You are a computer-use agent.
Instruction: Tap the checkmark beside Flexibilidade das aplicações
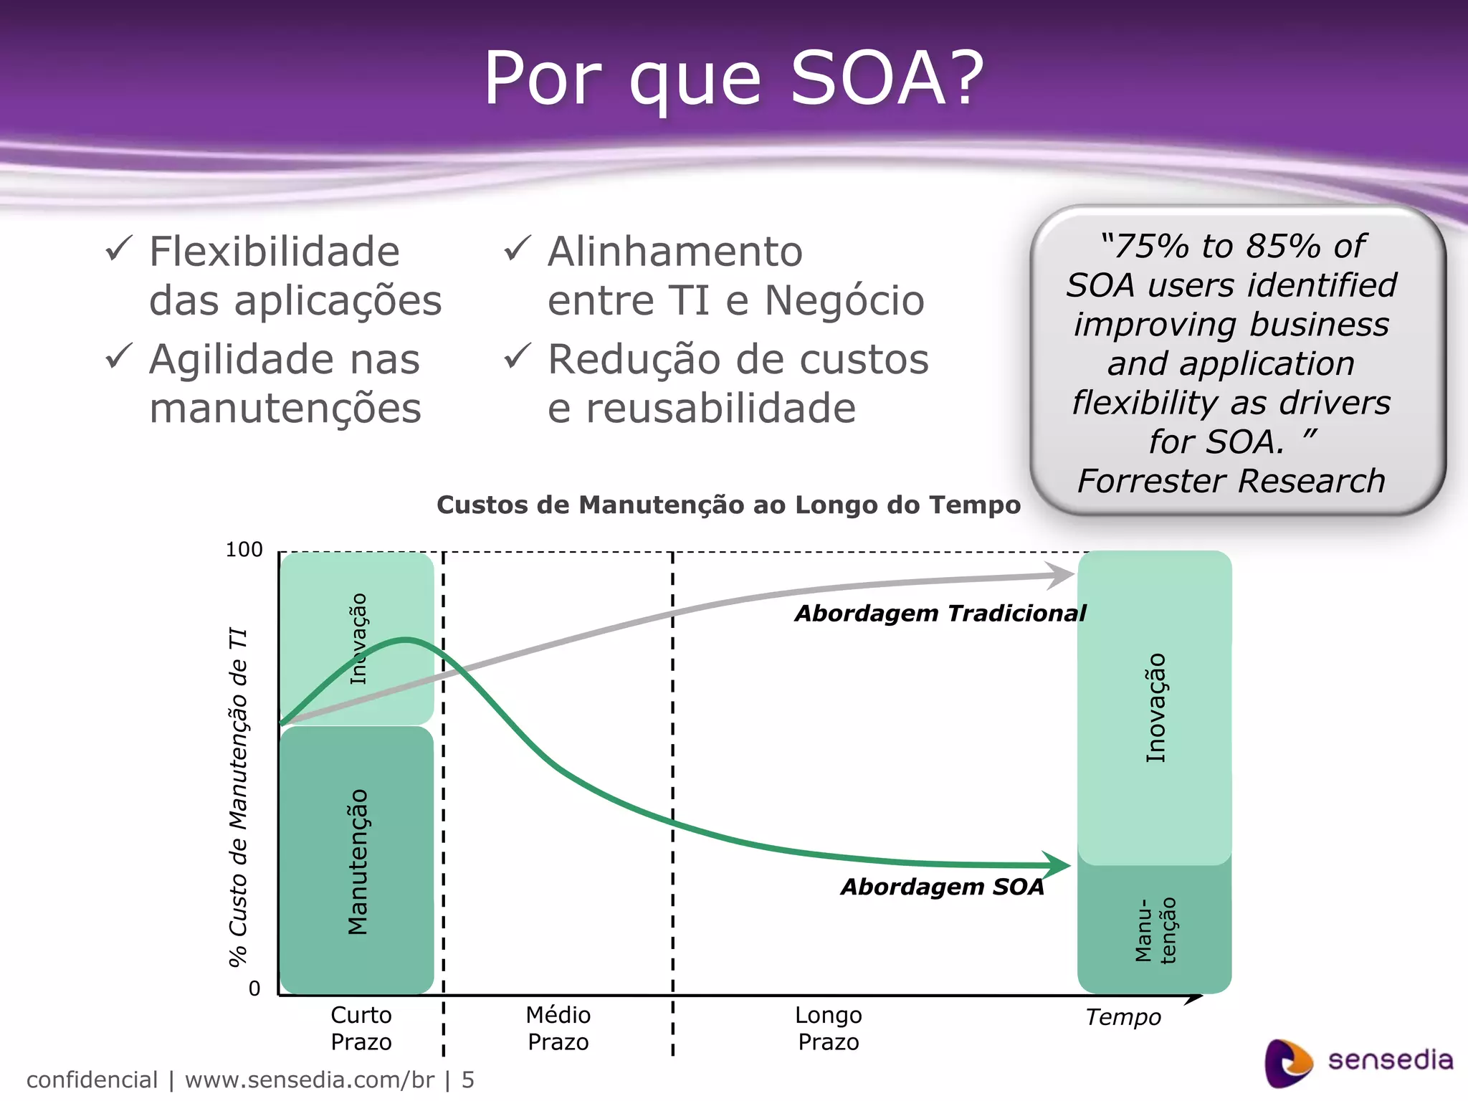tap(118, 249)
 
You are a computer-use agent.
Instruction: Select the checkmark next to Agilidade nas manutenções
tap(118, 356)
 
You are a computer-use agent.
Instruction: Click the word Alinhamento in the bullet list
tap(675, 252)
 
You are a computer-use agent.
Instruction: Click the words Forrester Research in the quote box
tap(1231, 481)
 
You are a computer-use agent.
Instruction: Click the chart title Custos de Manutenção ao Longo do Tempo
tap(728, 505)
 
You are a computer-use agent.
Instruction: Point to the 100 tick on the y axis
tap(244, 550)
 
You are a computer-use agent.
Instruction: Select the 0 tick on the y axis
tap(254, 989)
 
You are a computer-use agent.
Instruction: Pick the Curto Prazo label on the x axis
tap(361, 1028)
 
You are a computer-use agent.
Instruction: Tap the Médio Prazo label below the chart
tap(558, 1028)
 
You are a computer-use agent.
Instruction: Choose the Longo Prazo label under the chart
tap(828, 1028)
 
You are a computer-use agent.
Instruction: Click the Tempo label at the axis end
tap(1123, 1017)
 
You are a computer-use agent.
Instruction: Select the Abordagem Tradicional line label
tap(940, 614)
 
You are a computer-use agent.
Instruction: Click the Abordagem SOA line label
tap(943, 887)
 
